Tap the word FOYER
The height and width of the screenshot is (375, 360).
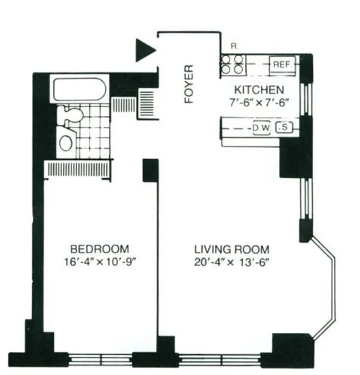tap(189, 84)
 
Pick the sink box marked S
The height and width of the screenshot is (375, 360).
tap(283, 127)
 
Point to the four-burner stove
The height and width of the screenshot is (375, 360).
tap(232, 64)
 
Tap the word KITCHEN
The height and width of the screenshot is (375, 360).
tap(259, 90)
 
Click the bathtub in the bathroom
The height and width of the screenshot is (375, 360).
tap(80, 89)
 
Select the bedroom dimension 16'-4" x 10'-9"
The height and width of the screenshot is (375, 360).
tap(99, 261)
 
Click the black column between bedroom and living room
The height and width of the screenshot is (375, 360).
tap(150, 171)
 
